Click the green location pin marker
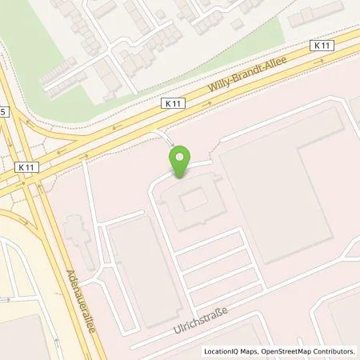[183, 162]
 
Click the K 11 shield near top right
[322, 46]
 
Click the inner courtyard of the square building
[192, 202]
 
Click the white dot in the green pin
[183, 158]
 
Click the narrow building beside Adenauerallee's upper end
[77, 236]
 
